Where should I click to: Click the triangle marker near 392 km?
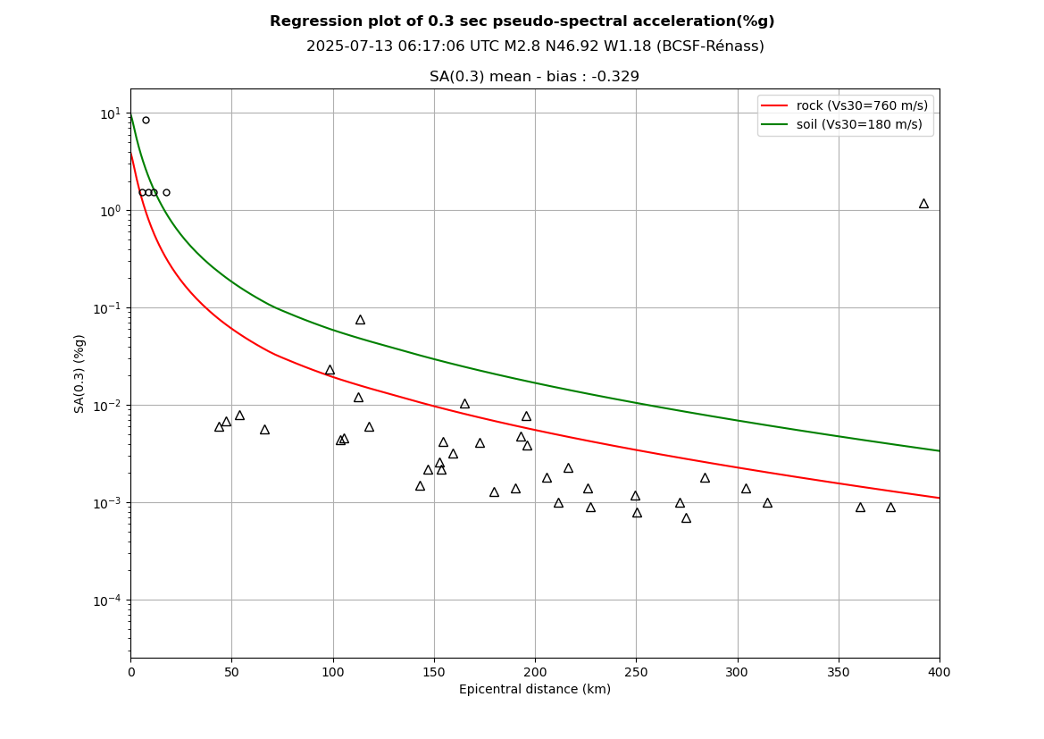click(x=923, y=204)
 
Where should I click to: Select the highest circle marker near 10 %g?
click(x=146, y=120)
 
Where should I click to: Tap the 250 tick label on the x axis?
click(x=636, y=672)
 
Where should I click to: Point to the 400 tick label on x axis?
click(x=940, y=672)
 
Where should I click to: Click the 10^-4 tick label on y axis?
click(x=108, y=600)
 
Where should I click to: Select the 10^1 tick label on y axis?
click(x=109, y=113)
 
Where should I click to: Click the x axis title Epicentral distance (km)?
click(x=535, y=690)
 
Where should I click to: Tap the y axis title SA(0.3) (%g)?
click(x=80, y=374)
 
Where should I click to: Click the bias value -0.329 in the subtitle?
click(x=615, y=77)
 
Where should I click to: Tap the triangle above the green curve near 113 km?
click(x=360, y=320)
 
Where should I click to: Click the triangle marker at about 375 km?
click(x=890, y=508)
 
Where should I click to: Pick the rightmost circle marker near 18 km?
click(x=166, y=192)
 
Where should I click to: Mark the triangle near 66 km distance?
click(x=264, y=430)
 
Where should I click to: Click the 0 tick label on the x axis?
click(x=130, y=672)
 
